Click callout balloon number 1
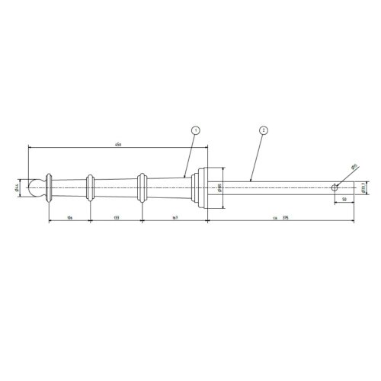[196, 132]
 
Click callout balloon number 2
[262, 132]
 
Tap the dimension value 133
[116, 218]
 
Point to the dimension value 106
[69, 218]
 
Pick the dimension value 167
[174, 218]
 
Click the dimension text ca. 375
[280, 218]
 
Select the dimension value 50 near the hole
[346, 198]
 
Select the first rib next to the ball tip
[50, 185]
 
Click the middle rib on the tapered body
[91, 185]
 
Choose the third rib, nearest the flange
[141, 185]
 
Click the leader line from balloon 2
[255, 156]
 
